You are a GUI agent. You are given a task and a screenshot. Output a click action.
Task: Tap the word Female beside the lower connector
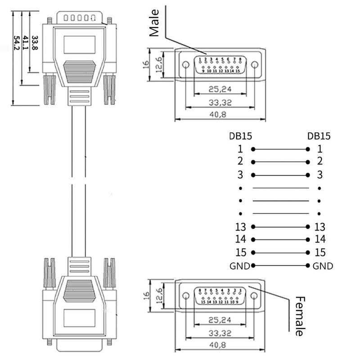coord(299,316)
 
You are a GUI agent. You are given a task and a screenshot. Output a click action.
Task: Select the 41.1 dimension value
coord(26,44)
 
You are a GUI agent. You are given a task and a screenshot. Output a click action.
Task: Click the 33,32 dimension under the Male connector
coord(220,103)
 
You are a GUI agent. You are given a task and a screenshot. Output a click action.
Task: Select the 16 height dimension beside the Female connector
coord(145,296)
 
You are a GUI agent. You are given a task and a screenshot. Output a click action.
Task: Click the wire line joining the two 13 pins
coord(280,227)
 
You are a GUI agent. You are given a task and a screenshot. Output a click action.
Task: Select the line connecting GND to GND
coord(280,265)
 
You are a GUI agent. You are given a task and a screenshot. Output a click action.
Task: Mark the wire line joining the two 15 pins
coord(280,252)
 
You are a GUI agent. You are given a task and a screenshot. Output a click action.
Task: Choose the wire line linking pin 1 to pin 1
coord(280,149)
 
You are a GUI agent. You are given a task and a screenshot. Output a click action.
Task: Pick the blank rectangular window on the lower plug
coord(79,318)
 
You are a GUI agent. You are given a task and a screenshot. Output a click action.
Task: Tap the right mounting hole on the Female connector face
coord(254,296)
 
